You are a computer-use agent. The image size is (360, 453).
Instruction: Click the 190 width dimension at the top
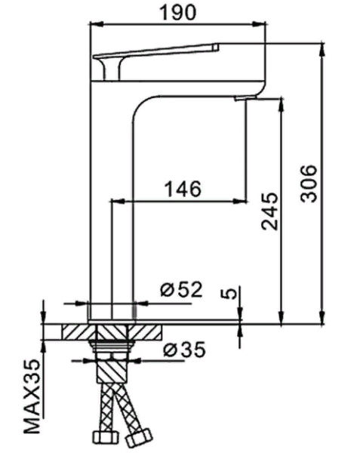tap(178, 12)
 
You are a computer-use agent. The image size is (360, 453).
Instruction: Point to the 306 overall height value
tap(309, 183)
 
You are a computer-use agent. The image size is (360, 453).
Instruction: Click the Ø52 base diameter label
tap(181, 289)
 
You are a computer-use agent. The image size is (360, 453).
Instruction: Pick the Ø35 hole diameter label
tap(181, 350)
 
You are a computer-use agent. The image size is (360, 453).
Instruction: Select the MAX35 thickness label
tap(31, 396)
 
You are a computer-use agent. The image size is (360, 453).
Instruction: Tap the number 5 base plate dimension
tap(232, 293)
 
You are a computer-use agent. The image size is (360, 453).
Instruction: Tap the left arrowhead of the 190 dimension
tap(94, 25)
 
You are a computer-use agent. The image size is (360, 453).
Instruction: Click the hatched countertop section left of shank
tap(75, 331)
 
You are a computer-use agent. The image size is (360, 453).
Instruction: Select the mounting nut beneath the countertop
tap(112, 347)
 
